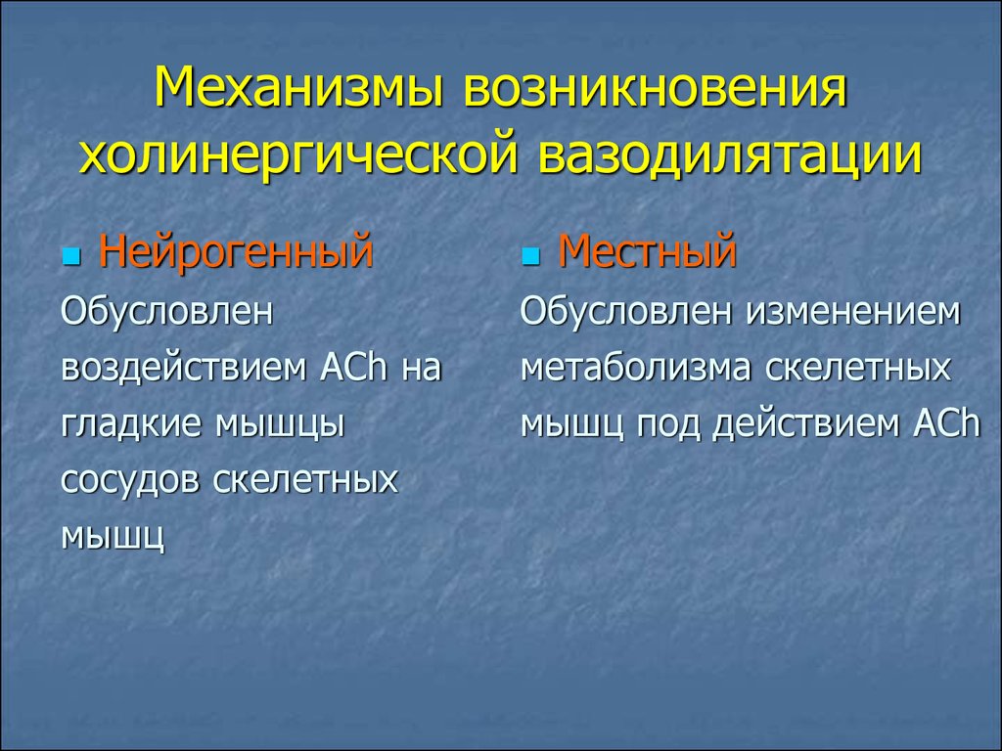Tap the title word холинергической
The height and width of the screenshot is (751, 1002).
297,155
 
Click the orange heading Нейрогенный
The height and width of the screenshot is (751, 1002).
236,252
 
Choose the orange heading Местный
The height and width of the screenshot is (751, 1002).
647,252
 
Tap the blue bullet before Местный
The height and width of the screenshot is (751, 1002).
530,257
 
